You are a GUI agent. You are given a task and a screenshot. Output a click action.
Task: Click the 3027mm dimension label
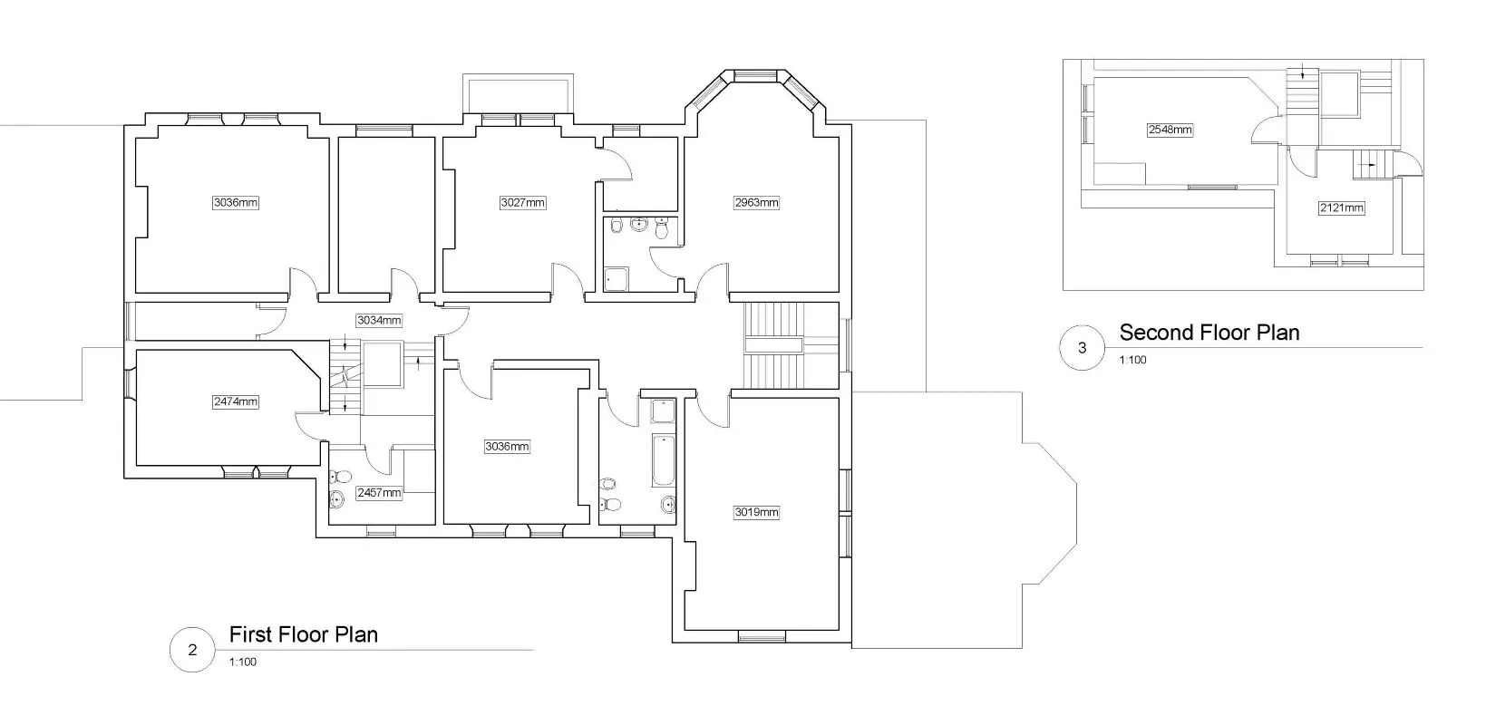tap(523, 202)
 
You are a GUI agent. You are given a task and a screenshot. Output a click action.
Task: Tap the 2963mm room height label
tap(756, 202)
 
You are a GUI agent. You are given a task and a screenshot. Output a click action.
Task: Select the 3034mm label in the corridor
tap(379, 321)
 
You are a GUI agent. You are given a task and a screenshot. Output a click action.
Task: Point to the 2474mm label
tap(236, 401)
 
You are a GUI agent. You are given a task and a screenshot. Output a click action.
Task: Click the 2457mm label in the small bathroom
tap(379, 493)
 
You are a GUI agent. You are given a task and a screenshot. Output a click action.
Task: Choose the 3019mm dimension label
tap(756, 512)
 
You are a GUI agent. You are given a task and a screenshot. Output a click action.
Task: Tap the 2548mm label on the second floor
tap(1170, 130)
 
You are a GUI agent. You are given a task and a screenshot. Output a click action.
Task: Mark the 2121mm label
tap(1341, 208)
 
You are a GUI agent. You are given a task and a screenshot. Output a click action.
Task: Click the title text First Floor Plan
tap(303, 634)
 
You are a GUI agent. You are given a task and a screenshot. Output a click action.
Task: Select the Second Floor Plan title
tap(1209, 333)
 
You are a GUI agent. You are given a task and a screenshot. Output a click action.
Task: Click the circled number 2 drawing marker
tap(192, 650)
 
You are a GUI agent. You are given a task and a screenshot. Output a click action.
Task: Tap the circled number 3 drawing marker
tap(1082, 348)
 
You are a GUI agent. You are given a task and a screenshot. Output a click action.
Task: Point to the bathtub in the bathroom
tap(664, 460)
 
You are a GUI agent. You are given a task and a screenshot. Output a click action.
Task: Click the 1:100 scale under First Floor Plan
tap(243, 662)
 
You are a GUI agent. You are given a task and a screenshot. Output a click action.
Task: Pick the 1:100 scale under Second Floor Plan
tap(1133, 360)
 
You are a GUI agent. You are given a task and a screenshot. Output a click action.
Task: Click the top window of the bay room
tap(755, 75)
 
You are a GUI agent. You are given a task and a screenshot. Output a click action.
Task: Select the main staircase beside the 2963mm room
tap(773, 345)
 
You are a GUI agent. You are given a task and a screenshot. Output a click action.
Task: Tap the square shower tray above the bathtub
tap(663, 411)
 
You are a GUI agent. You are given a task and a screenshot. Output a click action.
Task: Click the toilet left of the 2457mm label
tap(341, 477)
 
